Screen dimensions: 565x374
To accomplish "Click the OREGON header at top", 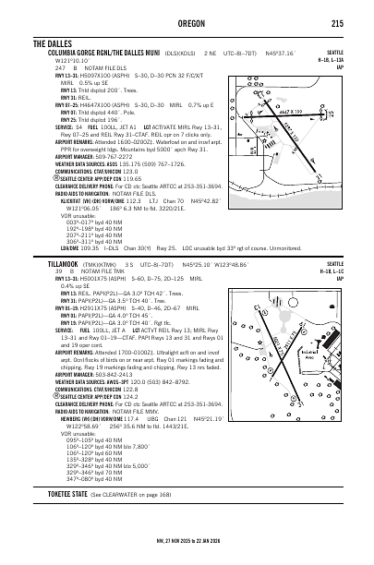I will [x=186, y=24].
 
